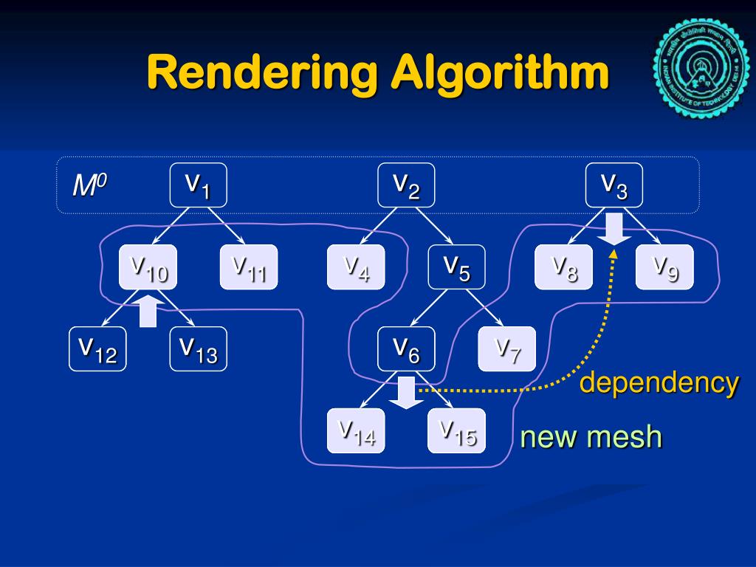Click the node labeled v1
tap(198, 185)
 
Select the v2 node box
tap(406, 185)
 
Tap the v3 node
tap(614, 185)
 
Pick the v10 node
tap(148, 267)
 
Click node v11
tap(249, 267)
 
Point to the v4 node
tap(356, 267)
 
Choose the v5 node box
tap(457, 267)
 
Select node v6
tap(406, 348)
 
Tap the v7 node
tap(507, 348)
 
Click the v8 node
tap(564, 267)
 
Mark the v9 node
tap(664, 267)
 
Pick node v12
tap(97, 348)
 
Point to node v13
tap(199, 348)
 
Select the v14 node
tap(356, 430)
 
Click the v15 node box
tap(457, 430)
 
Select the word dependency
tap(659, 383)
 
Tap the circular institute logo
tap(701, 69)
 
